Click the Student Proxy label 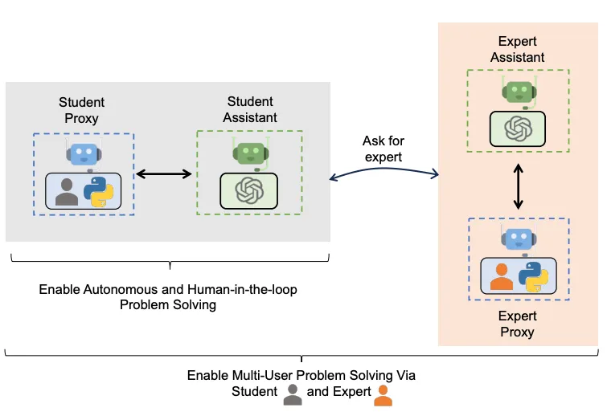pos(81,110)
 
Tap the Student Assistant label pos(250,109)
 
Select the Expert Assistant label pos(518,49)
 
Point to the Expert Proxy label pos(518,324)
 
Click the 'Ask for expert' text pos(383,149)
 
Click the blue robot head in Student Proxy pos(84,154)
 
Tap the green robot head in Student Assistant pos(251,153)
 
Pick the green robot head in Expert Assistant pos(519,92)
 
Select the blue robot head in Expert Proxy pos(519,239)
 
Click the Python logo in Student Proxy pos(99,192)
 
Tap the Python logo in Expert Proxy pos(534,277)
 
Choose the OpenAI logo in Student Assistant pos(249,190)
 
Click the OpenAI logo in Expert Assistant pos(519,128)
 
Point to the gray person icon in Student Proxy pos(67,192)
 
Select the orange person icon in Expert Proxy pos(502,277)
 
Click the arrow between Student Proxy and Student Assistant pos(164,174)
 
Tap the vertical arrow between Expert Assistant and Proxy pos(519,186)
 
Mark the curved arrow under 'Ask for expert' pos(383,169)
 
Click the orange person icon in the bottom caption pos(383,395)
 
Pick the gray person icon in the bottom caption pos(293,395)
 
